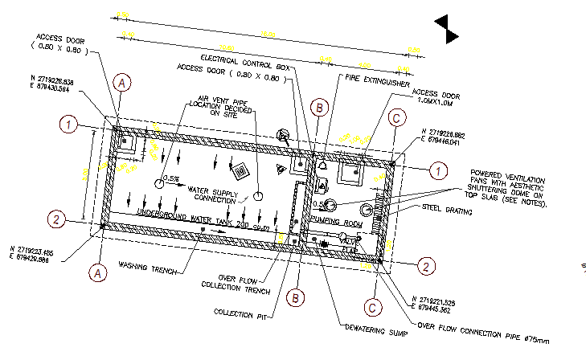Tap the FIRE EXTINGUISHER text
point(378,81)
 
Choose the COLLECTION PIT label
point(240,312)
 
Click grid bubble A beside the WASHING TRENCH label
point(98,273)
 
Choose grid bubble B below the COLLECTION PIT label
point(297,297)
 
